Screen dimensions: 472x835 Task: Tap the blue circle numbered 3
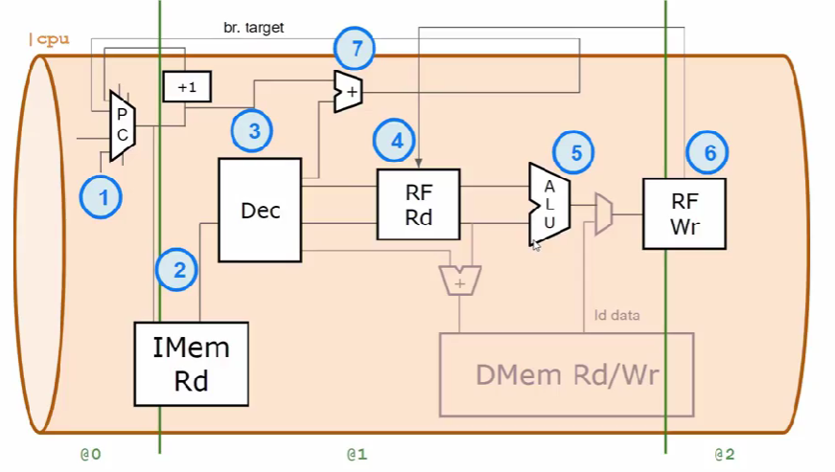(253, 131)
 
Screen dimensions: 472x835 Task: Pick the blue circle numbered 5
(574, 151)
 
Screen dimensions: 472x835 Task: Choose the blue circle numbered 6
(708, 152)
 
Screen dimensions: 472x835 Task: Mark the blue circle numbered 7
(355, 47)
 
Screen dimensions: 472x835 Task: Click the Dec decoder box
(260, 210)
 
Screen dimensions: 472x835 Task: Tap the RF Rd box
(418, 205)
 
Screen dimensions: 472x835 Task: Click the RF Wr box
(683, 213)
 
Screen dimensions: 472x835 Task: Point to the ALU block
(549, 204)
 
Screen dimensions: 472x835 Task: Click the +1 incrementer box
(187, 87)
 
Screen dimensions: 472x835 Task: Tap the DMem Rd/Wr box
(566, 373)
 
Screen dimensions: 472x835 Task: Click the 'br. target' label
(260, 28)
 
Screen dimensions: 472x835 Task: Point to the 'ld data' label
(616, 315)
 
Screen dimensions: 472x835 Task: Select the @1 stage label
(357, 454)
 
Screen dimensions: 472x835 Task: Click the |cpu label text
(50, 39)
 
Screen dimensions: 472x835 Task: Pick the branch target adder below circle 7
(347, 92)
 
